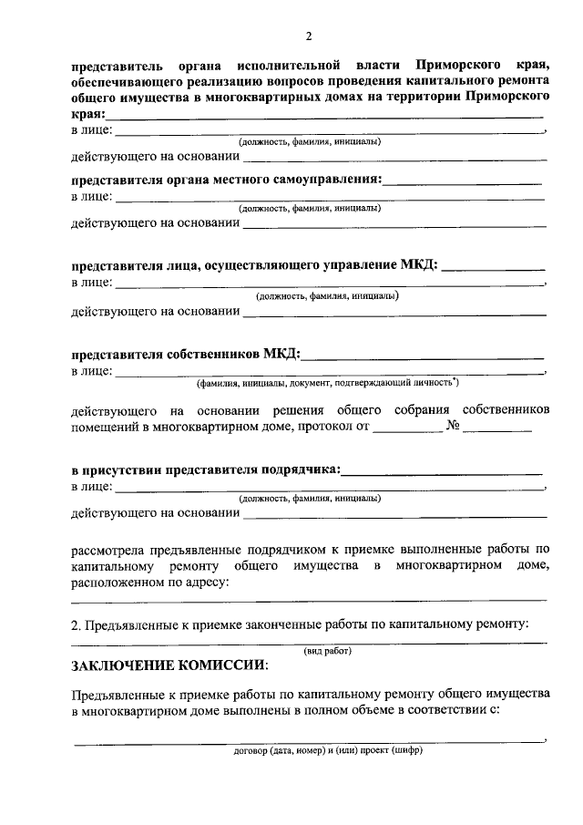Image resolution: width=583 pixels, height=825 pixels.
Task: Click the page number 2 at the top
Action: pyautogui.click(x=309, y=36)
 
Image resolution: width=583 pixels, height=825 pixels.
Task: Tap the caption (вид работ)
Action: pyautogui.click(x=327, y=650)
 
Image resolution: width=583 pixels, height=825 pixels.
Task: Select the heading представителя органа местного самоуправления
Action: pyautogui.click(x=227, y=180)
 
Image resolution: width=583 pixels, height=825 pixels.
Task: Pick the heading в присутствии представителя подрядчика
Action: pyautogui.click(x=206, y=470)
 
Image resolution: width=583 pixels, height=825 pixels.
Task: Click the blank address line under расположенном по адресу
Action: pyautogui.click(x=309, y=600)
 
